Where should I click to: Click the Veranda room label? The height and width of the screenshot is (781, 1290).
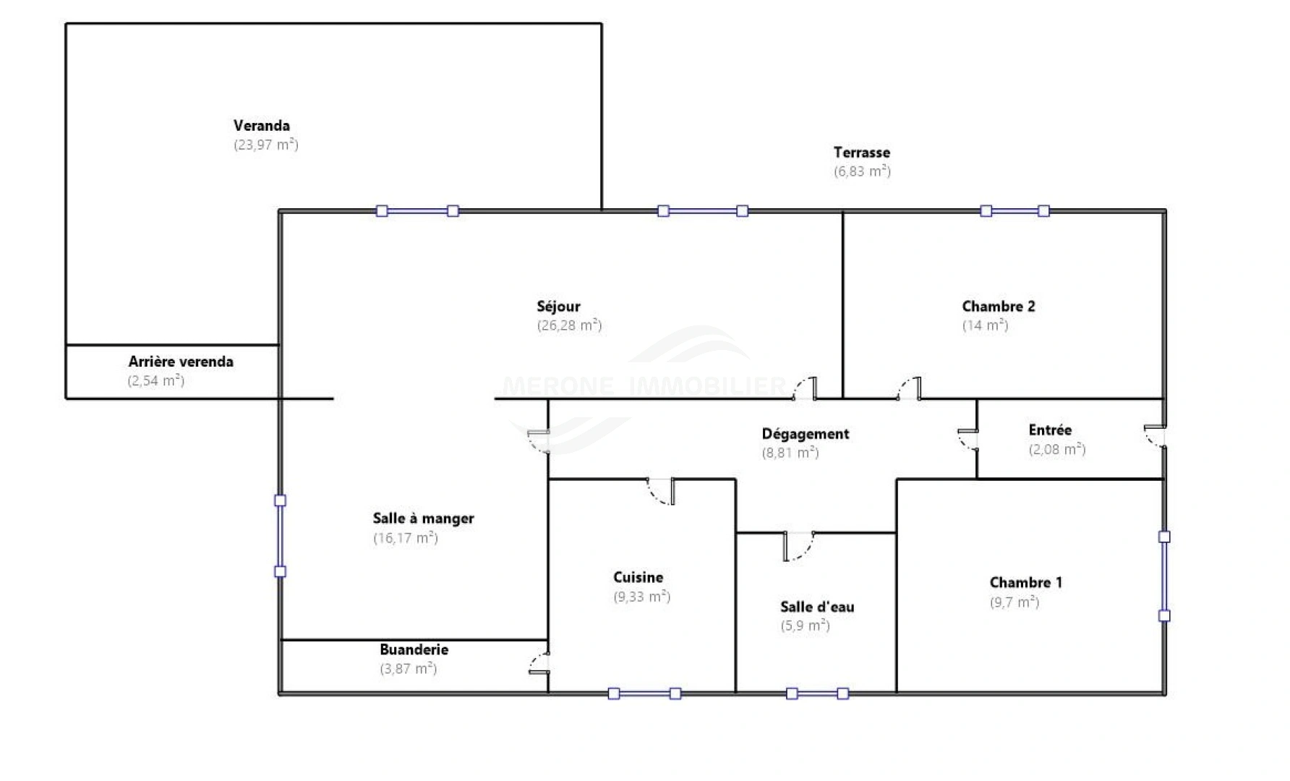pos(261,126)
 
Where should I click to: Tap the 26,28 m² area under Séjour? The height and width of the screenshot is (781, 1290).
pos(569,325)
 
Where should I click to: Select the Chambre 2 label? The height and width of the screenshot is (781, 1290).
pos(998,307)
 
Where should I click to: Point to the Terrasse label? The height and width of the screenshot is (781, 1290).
pos(861,153)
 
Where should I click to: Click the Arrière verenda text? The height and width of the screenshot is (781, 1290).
pos(181,362)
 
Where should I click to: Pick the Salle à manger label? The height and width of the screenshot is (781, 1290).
pos(423,518)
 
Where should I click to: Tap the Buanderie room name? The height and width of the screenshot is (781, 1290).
pos(414,649)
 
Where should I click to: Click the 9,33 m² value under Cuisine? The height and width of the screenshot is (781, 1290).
pos(641,597)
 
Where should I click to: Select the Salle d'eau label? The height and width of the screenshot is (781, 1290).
pos(817,607)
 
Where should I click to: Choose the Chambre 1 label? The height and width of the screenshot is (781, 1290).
pos(1025,582)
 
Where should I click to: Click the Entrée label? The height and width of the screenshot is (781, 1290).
pos(1050,430)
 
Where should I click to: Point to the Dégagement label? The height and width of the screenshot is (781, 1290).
pos(805,434)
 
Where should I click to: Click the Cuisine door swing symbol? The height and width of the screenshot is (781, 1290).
pos(662,491)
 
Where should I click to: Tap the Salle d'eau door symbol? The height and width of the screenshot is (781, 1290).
pos(798,546)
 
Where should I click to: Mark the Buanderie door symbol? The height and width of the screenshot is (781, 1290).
pos(539,664)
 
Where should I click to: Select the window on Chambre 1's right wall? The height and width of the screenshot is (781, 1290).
pos(1164,576)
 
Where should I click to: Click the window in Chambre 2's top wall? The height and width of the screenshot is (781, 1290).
pos(1015,211)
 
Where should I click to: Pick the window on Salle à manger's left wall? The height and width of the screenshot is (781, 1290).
pos(281,536)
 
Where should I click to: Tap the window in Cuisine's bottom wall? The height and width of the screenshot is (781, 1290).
pos(644,693)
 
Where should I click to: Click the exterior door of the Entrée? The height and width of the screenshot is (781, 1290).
pos(1155,437)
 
